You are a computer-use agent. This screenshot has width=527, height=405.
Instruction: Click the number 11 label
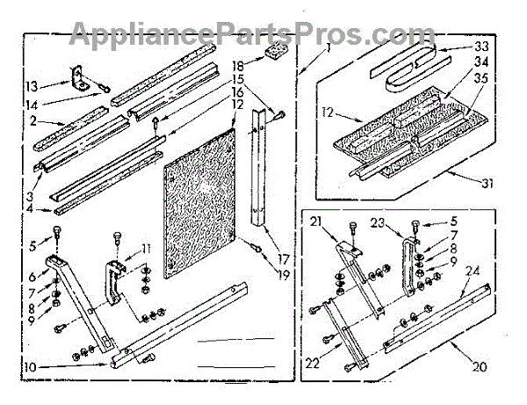146,248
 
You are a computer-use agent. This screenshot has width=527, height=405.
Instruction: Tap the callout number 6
32,275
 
